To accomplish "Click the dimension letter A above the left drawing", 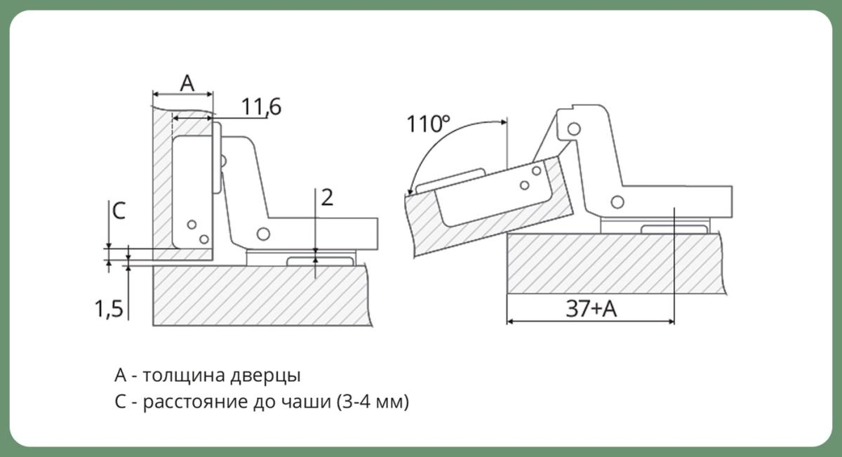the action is (x=187, y=83).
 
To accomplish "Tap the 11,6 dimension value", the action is (x=261, y=107).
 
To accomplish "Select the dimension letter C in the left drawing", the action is (x=119, y=211).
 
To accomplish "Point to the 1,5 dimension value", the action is (x=109, y=309).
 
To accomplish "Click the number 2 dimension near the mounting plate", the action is (x=327, y=197).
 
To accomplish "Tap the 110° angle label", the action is (x=428, y=124).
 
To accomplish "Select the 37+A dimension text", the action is (x=592, y=309).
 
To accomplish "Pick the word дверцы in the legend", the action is (x=265, y=376).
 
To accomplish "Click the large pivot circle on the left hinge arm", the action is (x=263, y=234).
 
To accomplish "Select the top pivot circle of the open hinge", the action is (x=574, y=129).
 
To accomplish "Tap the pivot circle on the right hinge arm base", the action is (x=617, y=202).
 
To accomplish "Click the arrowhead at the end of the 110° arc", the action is (x=410, y=191).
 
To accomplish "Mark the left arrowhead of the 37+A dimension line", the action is (x=512, y=322).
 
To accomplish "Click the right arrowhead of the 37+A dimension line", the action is (x=670, y=322).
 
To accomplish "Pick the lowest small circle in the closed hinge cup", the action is (x=204, y=239).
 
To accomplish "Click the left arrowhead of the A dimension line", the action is (x=156, y=94).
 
